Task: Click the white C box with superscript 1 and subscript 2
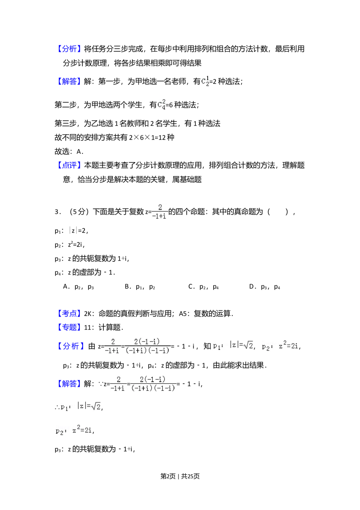(204, 82)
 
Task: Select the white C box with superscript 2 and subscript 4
(161, 105)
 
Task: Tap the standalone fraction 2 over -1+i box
(159, 212)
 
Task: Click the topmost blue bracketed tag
(69, 49)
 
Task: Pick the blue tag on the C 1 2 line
(69, 81)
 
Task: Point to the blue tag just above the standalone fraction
(69, 165)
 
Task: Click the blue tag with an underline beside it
(69, 313)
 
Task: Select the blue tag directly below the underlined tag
(69, 327)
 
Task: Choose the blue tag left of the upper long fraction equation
(71, 346)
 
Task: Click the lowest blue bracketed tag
(69, 384)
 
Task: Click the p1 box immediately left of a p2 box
(232, 345)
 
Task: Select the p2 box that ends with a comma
(279, 346)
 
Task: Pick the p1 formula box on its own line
(79, 407)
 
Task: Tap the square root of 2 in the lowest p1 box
(96, 407)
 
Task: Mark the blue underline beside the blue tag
(86, 318)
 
